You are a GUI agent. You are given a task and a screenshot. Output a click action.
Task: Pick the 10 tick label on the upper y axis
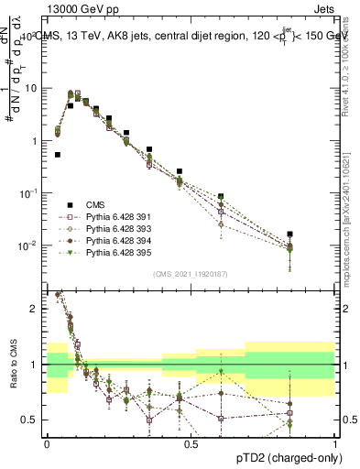point(29,88)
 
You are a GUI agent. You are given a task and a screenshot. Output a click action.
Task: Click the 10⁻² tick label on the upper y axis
point(27,245)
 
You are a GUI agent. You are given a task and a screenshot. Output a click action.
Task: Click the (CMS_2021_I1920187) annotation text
point(190,273)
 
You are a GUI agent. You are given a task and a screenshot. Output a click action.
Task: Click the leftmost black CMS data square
point(58,155)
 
